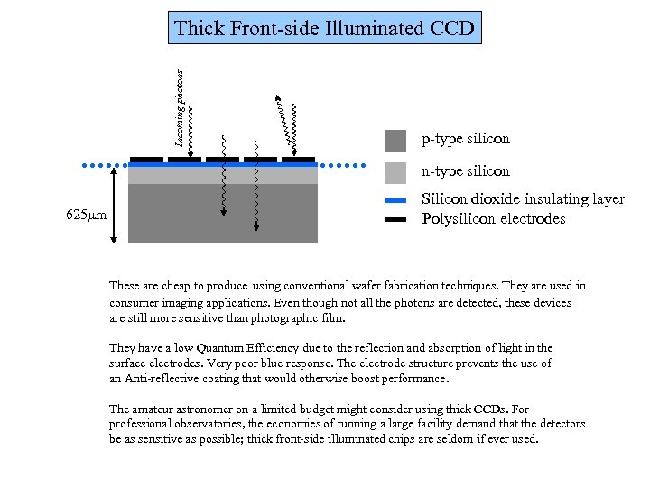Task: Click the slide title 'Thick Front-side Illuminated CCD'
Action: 324,28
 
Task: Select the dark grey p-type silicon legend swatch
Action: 395,140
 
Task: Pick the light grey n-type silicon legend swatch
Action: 395,171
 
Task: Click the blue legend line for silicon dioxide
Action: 395,199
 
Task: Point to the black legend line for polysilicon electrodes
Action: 395,219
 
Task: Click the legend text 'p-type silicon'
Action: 465,140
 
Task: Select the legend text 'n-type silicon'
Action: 466,171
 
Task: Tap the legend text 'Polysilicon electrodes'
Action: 494,219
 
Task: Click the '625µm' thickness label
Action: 87,216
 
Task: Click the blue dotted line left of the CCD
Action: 105,166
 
